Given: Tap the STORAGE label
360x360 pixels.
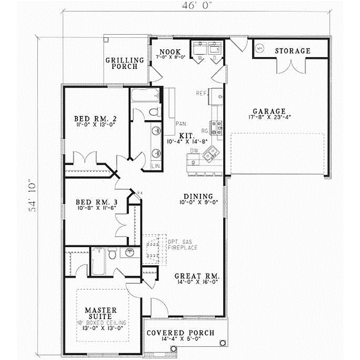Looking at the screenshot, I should click(292, 51).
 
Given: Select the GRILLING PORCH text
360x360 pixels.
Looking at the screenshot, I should click(125, 63).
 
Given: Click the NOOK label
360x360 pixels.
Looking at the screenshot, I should click(166, 51).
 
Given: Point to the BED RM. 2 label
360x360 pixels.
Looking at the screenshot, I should click(95, 119).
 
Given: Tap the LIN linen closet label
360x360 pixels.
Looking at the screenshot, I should click(155, 165).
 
